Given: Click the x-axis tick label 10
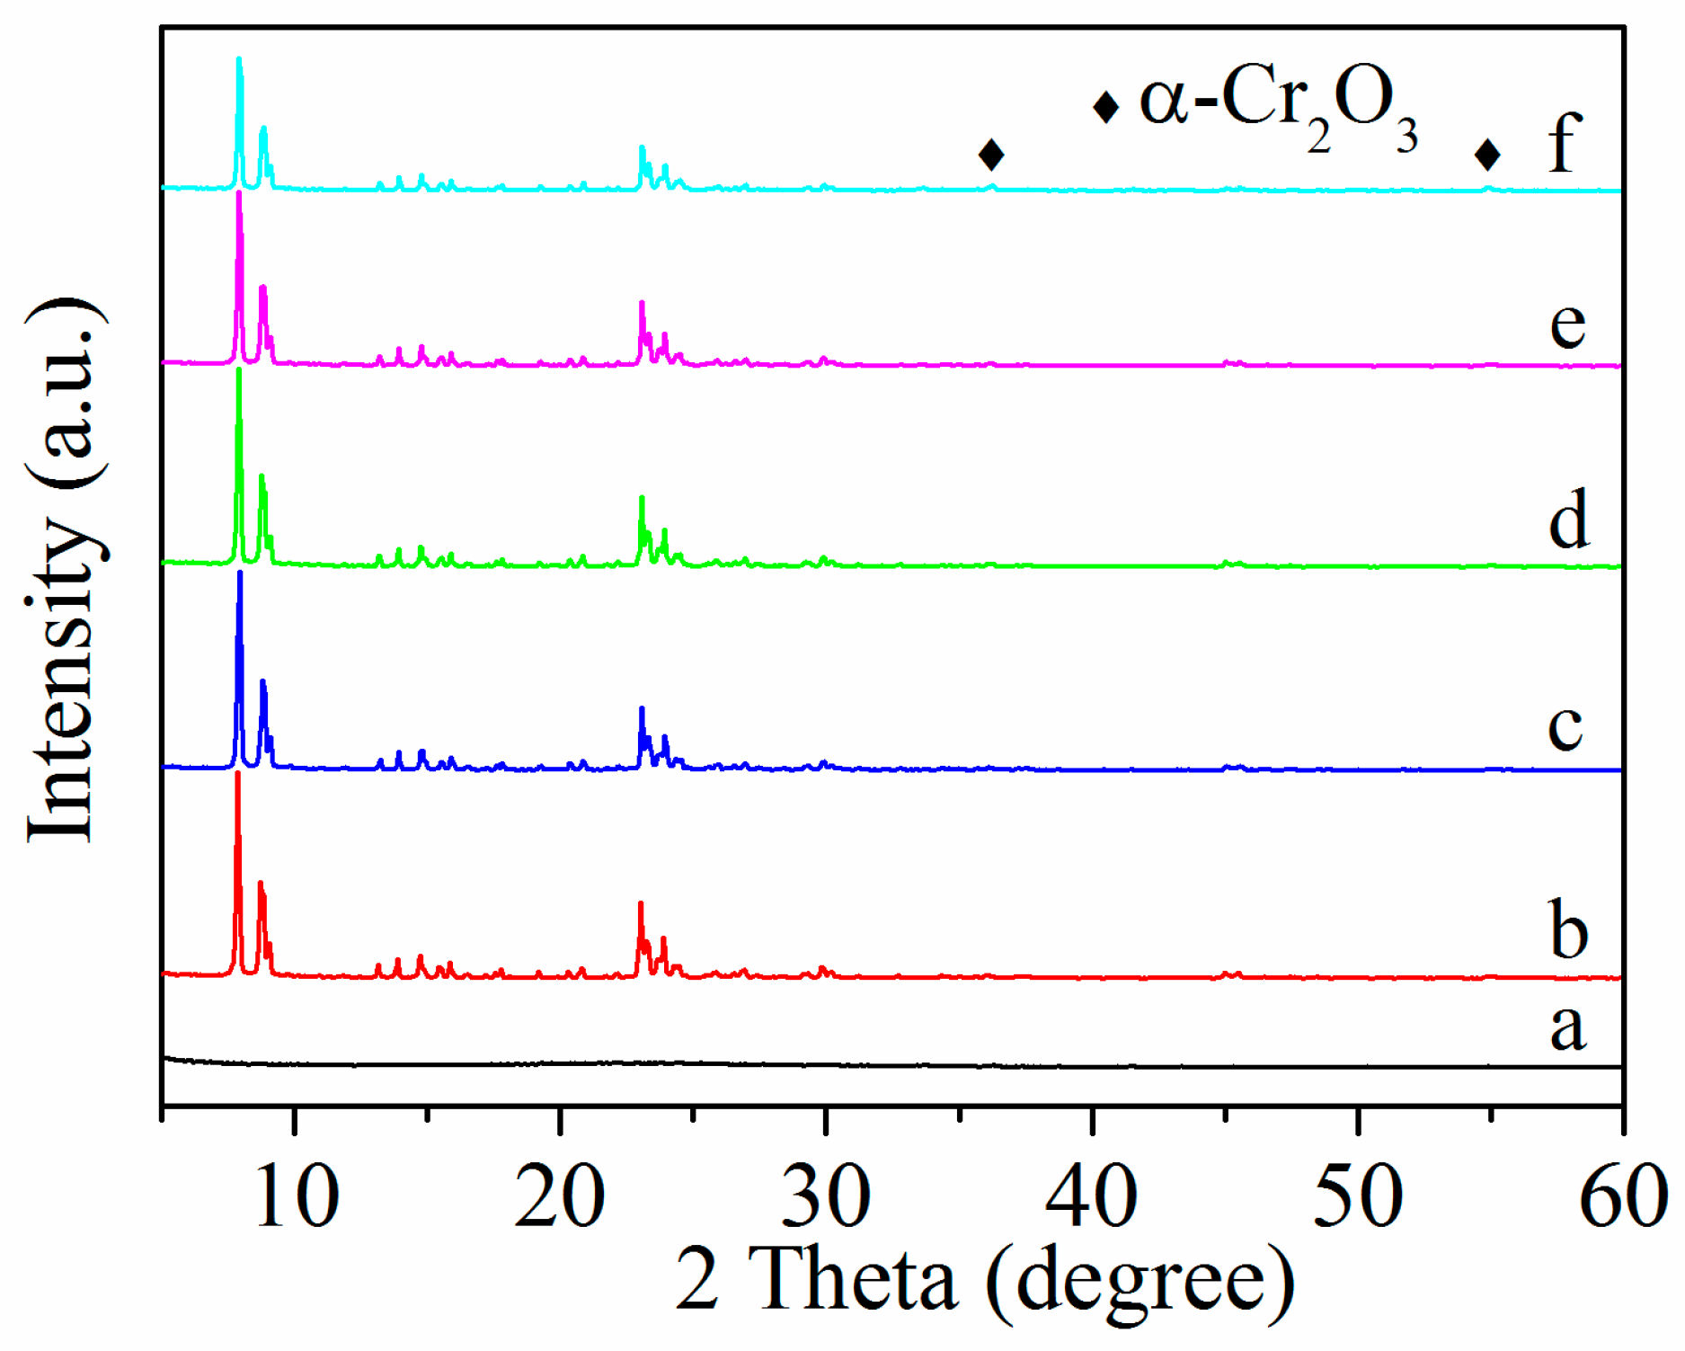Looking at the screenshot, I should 297,1197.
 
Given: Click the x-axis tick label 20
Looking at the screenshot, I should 560,1197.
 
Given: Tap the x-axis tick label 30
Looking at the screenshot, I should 826,1197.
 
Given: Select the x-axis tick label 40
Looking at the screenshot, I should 1092,1197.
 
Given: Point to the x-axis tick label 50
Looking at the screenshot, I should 1358,1197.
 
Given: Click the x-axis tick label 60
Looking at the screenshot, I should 1623,1197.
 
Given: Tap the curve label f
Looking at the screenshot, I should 1565,144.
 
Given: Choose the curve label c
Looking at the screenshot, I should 1565,726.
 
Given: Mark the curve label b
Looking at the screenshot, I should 1569,929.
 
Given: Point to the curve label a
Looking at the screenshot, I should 1568,1027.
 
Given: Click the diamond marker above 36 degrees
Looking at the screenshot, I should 991,155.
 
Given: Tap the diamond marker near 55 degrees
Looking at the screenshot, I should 1488,155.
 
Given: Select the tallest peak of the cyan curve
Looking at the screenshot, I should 239,61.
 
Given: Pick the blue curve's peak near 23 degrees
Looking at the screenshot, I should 642,711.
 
